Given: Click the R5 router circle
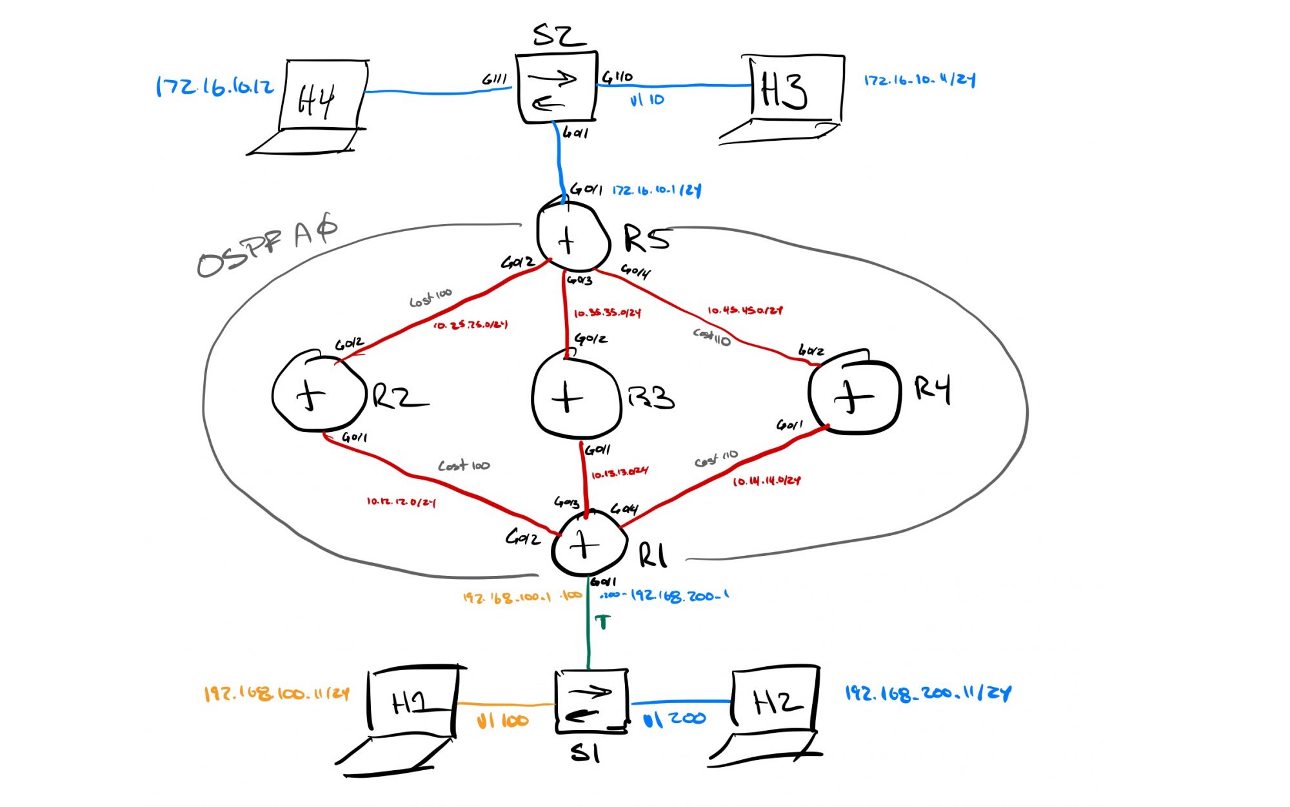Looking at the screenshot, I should pos(573,238).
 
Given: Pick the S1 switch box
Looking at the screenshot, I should pos(591,700).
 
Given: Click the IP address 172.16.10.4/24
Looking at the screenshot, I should pos(919,80).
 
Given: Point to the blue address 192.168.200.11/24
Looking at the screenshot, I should pos(928,693).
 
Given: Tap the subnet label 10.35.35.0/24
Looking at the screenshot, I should pos(607,313).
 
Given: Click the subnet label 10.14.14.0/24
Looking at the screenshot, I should pos(766,481).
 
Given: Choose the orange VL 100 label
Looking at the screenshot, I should pos(503,720).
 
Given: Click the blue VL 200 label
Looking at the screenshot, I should pos(675,719).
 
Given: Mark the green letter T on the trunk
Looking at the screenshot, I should pos(602,622).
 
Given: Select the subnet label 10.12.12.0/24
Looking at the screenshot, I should pos(401,502).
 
